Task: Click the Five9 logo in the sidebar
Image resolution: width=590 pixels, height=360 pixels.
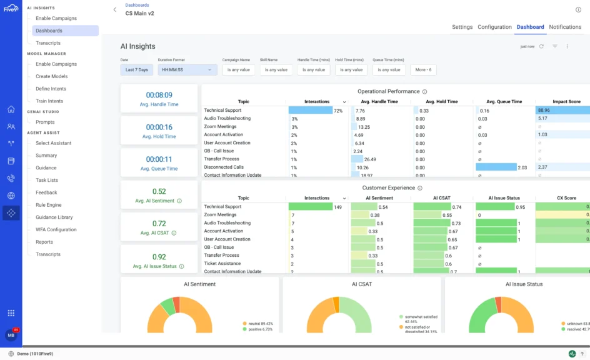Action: tap(11, 8)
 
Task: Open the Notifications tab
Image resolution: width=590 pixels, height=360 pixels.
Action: tap(565, 27)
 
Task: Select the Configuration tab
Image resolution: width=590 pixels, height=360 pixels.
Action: tap(494, 27)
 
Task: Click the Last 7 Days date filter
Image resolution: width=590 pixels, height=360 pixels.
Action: tap(137, 70)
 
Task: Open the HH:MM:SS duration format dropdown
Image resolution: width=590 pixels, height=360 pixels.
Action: tap(187, 70)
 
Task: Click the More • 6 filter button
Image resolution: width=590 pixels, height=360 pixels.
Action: tap(423, 70)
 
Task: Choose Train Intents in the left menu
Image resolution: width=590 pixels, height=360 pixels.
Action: tap(49, 101)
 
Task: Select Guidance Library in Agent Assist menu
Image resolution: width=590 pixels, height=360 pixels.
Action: tap(54, 217)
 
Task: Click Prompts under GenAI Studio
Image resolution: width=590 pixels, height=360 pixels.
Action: tap(45, 122)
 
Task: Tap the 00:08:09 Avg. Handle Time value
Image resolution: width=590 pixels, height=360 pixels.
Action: tap(159, 95)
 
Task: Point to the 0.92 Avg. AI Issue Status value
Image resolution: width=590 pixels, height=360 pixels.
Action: tap(159, 256)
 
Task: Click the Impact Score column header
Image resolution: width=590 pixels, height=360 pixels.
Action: tap(566, 102)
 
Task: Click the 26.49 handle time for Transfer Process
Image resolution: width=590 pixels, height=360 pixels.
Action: tap(370, 159)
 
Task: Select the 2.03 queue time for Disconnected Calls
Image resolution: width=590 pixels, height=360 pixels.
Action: tap(522, 167)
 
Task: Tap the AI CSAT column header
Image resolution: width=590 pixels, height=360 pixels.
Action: tap(442, 198)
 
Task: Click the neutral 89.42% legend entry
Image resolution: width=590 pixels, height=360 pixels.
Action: tap(260, 324)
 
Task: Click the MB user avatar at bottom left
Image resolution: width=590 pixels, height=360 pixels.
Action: tap(11, 336)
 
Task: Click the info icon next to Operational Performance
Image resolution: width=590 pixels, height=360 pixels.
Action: tap(424, 91)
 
